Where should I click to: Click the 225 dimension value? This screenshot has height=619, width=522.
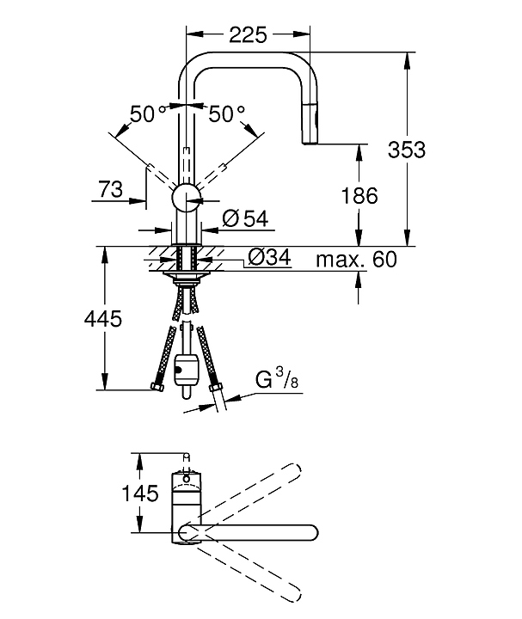coord(248,34)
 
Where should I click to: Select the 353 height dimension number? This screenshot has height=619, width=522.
coord(407,150)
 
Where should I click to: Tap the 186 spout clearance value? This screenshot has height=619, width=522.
coord(359,196)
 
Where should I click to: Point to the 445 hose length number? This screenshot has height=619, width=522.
coord(103,318)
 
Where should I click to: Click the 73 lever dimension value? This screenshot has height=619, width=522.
coord(111,189)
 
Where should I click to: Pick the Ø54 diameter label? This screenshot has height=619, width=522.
coord(245,218)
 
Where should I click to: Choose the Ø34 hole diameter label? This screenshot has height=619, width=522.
coord(270,257)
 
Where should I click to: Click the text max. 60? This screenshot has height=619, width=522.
coord(356,260)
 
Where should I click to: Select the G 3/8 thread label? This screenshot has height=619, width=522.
coord(277,378)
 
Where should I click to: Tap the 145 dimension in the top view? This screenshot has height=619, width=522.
coord(140,493)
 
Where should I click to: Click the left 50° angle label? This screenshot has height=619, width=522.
coord(148,114)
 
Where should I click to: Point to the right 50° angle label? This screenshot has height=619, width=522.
coord(226,114)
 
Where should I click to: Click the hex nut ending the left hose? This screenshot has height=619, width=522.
coord(157,387)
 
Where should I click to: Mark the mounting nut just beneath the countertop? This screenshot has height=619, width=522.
coord(187,276)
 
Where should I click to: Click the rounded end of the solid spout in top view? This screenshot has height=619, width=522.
coord(312,532)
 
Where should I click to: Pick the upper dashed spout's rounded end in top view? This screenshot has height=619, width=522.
coord(294,472)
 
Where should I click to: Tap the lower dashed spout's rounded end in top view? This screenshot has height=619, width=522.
coord(294,593)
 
